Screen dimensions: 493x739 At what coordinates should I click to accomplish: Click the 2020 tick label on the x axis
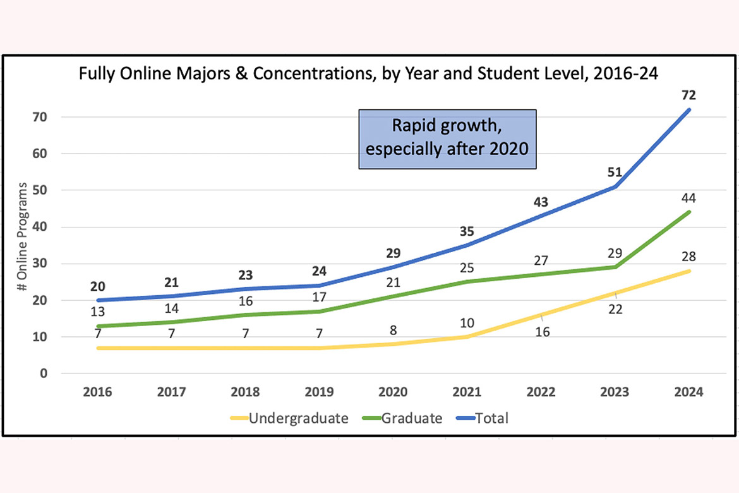point(393,392)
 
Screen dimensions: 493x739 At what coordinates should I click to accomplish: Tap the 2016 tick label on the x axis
point(97,392)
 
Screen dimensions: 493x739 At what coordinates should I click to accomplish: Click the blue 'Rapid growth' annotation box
point(447,139)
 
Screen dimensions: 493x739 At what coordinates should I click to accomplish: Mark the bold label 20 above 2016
point(97,285)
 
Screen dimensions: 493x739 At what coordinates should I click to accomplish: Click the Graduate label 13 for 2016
point(97,312)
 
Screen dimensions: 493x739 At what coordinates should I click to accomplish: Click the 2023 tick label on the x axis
point(615,392)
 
